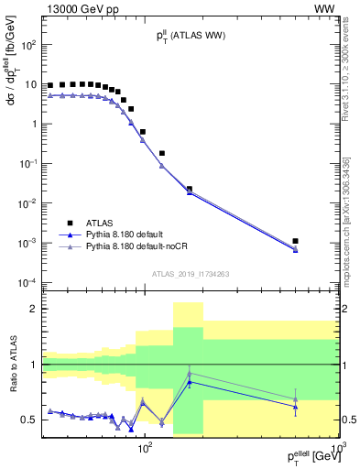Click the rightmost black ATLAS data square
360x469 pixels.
295,241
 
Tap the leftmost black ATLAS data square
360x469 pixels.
50,85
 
